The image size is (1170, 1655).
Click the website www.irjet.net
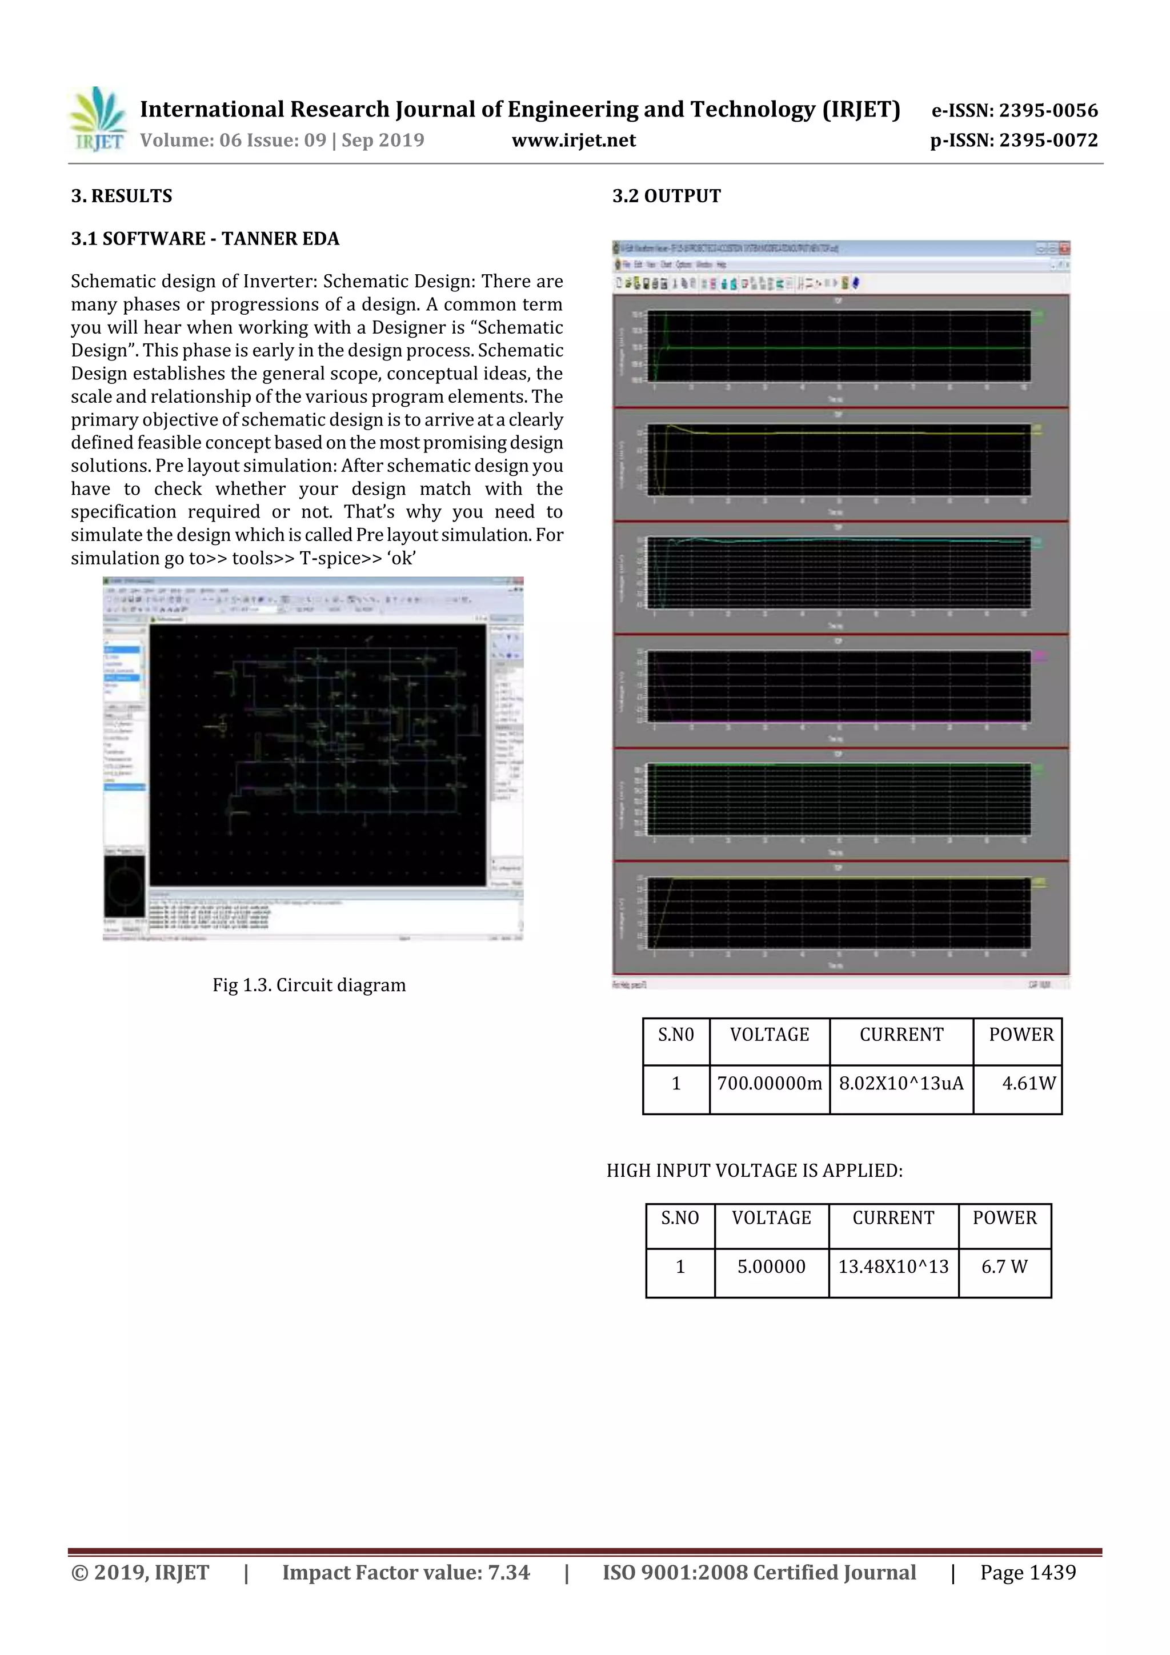pyautogui.click(x=573, y=140)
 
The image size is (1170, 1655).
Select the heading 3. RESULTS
pyautogui.click(x=121, y=196)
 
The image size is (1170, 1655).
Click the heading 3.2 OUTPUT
pyautogui.click(x=666, y=196)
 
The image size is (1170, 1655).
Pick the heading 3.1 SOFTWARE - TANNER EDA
pyautogui.click(x=205, y=239)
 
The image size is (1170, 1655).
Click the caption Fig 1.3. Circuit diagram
pyautogui.click(x=308, y=985)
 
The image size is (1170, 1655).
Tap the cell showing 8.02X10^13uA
pyautogui.click(x=900, y=1083)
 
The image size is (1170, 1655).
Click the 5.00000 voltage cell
pyautogui.click(x=771, y=1267)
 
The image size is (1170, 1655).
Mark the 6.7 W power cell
pyautogui.click(x=1004, y=1267)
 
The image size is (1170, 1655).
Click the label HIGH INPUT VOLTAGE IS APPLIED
pyautogui.click(x=754, y=1170)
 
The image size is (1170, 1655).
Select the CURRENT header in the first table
pyautogui.click(x=901, y=1035)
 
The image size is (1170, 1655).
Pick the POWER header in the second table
pyautogui.click(x=1004, y=1217)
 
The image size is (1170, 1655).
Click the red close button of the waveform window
pyautogui.click(x=1064, y=249)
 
